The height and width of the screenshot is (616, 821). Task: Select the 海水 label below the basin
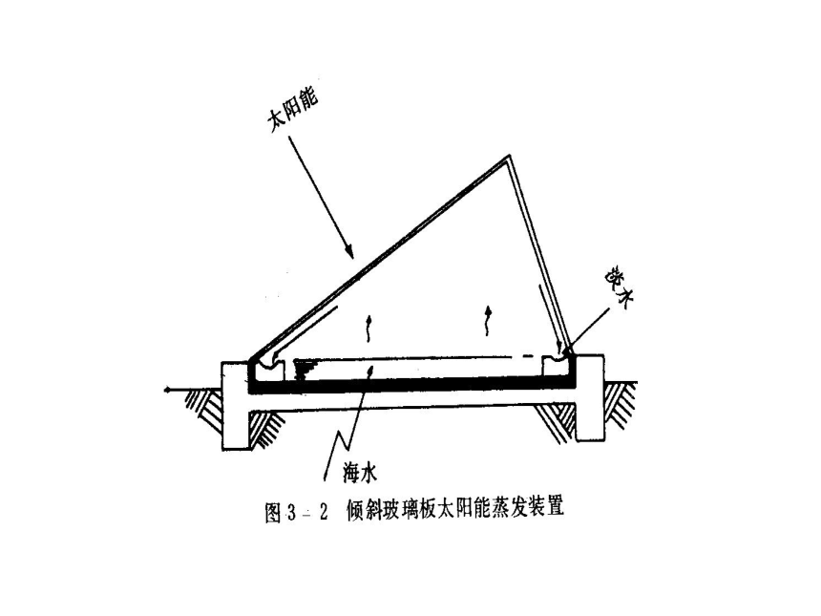coord(360,474)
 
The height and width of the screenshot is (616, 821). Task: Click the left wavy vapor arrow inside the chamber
coord(368,329)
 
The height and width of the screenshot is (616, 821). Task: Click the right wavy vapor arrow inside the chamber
coord(489,320)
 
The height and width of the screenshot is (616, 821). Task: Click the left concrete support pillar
coord(235,405)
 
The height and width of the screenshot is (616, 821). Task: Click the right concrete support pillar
coord(590,398)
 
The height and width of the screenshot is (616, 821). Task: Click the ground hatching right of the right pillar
coord(621,404)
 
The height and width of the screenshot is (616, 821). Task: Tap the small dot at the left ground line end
coord(166,391)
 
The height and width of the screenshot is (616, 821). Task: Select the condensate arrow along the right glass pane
coord(550,318)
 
